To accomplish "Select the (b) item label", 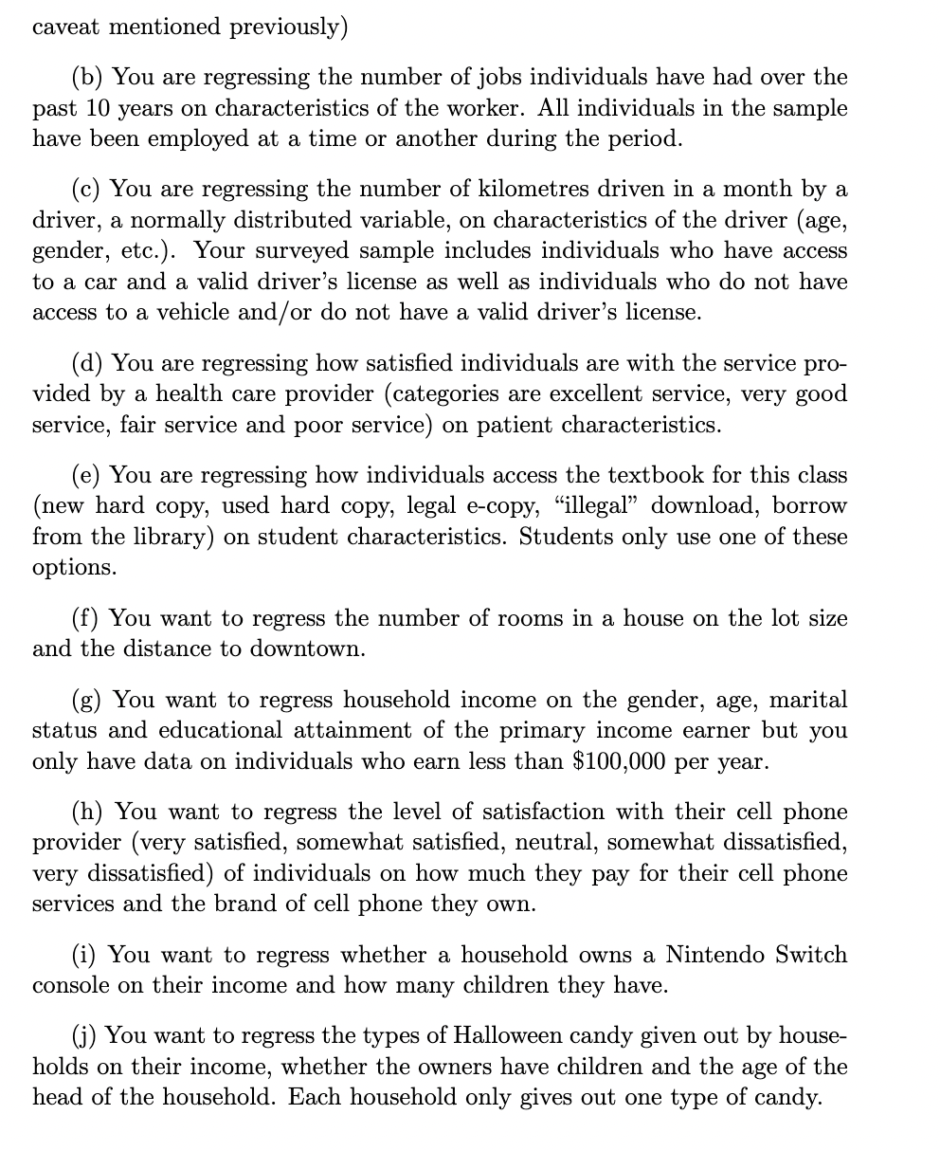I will pos(90,77).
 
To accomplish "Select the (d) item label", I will pos(90,363).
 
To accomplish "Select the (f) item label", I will pos(89,618).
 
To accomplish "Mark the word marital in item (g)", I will pos(808,700).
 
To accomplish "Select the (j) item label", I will pos(89,1036).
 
